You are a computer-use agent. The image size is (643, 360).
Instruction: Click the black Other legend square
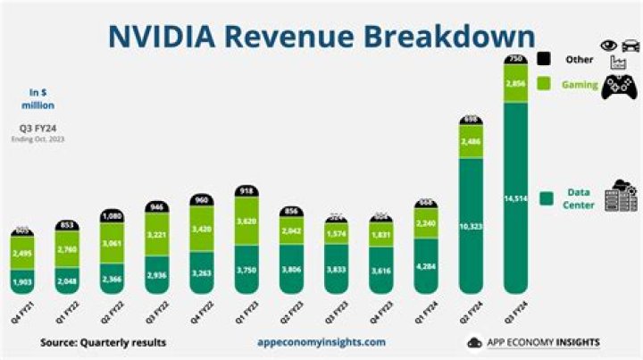click(543, 59)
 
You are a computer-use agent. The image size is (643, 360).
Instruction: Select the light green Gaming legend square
click(543, 83)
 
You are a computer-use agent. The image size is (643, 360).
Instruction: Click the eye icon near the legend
click(608, 45)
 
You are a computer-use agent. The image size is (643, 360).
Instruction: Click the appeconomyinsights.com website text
click(321, 342)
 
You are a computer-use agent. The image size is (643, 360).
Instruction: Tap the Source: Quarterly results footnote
click(103, 342)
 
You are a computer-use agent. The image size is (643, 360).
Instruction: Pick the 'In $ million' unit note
click(38, 97)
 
